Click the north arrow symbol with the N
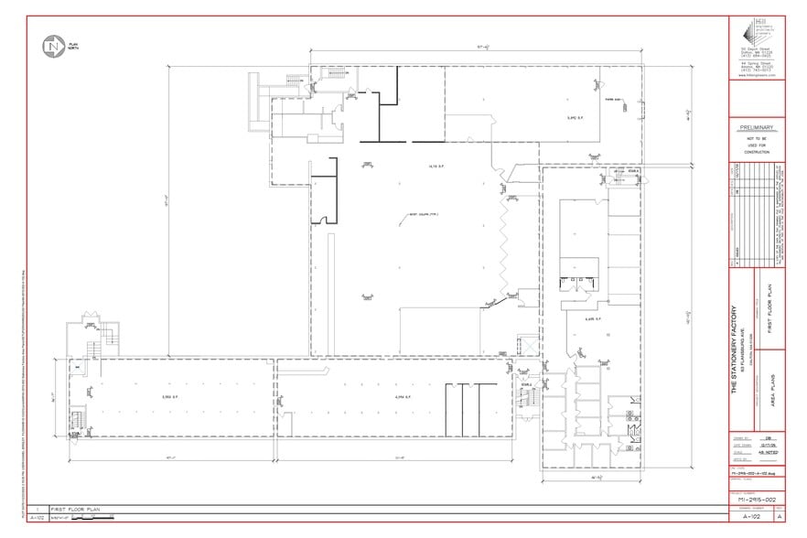pyautogui.click(x=52, y=45)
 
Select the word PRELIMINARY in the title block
pyautogui.click(x=756, y=128)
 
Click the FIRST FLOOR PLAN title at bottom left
pyautogui.click(x=75, y=509)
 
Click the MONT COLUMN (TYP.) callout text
pyautogui.click(x=424, y=216)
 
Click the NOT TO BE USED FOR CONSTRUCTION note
pyautogui.click(x=756, y=146)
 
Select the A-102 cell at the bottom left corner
pyautogui.click(x=38, y=518)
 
